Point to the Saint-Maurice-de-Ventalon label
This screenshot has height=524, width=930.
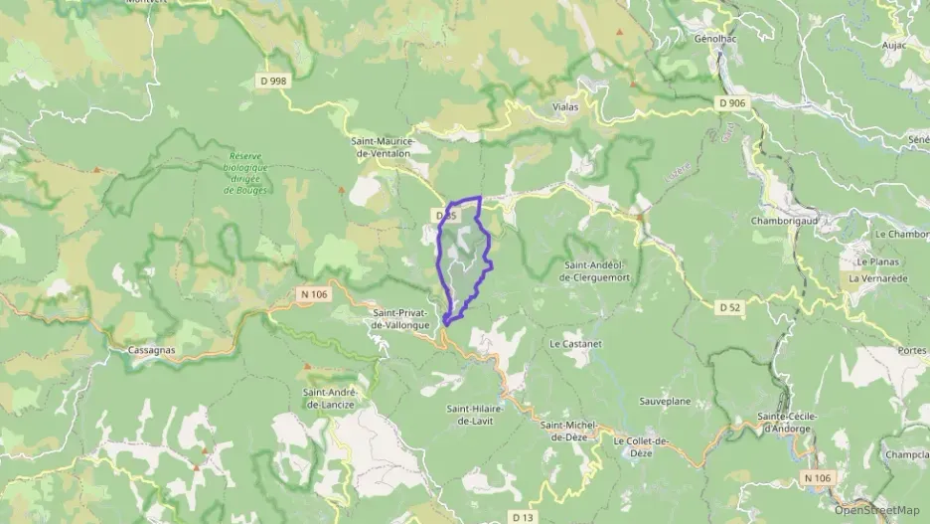coord(388,148)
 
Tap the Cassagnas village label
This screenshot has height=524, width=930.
coord(151,350)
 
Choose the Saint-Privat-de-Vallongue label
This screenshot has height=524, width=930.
coord(400,318)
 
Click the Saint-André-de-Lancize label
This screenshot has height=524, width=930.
coord(331,398)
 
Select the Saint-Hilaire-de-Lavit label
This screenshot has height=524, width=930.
coord(475,415)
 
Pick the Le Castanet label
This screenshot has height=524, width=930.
coord(575,343)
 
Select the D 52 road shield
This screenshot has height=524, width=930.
coord(730,307)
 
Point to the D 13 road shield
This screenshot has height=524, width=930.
coord(524,516)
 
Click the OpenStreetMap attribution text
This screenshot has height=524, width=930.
coord(877,510)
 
